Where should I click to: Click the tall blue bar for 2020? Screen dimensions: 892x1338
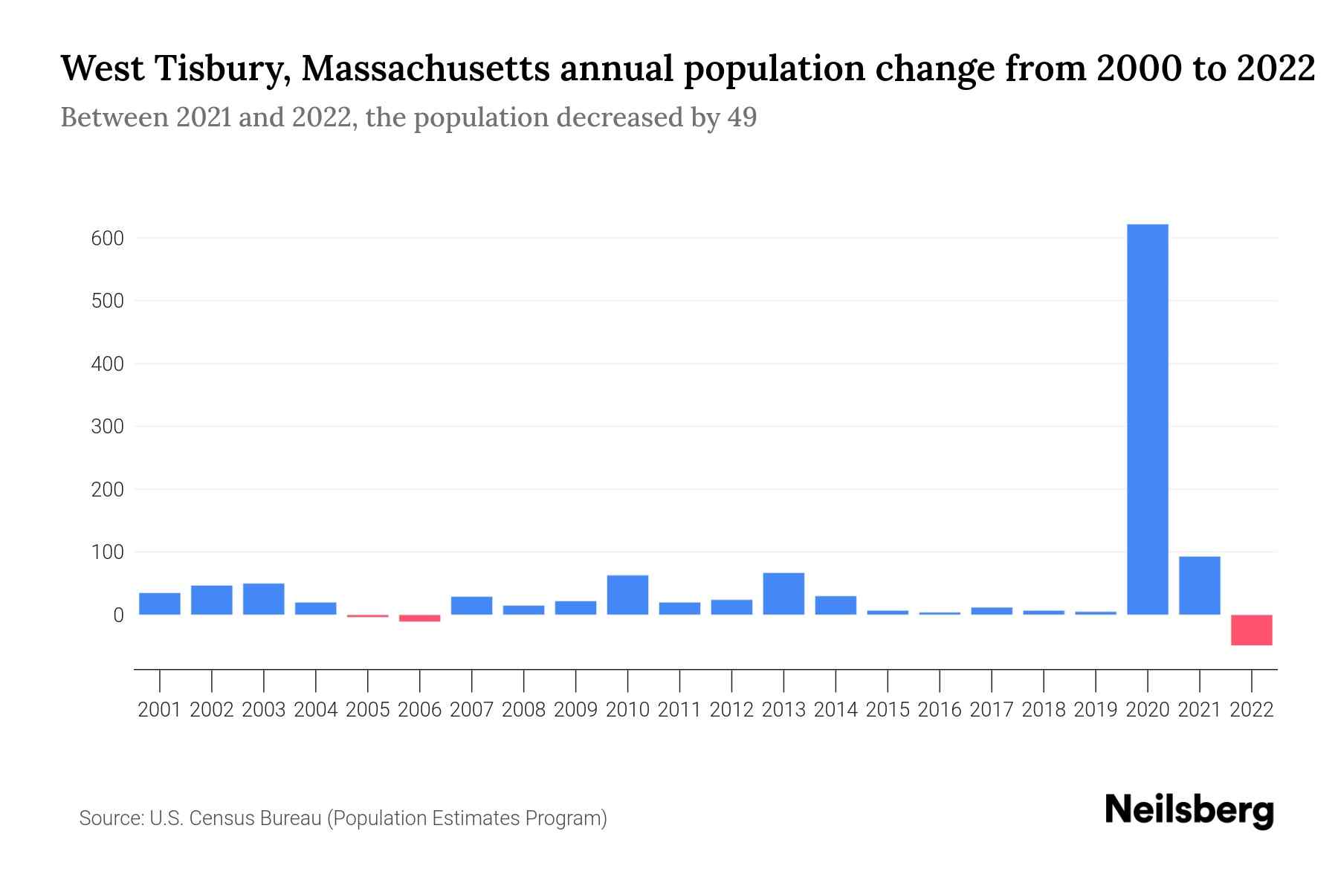(x=1147, y=420)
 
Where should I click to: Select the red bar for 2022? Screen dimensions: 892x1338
(x=1251, y=630)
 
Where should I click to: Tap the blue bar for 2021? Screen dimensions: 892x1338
(x=1199, y=585)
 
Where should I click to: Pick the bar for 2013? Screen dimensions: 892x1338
(x=783, y=593)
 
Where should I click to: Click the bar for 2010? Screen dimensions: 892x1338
(x=627, y=595)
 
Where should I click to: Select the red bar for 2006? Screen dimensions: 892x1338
(x=419, y=618)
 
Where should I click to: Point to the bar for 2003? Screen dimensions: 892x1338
(x=263, y=599)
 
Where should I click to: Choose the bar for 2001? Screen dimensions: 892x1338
(x=159, y=604)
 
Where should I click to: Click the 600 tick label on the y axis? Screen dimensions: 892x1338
(x=108, y=239)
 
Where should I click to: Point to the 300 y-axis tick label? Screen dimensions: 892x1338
(x=108, y=427)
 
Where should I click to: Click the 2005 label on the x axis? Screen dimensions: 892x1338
(x=367, y=710)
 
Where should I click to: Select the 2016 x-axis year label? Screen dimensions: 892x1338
(x=940, y=710)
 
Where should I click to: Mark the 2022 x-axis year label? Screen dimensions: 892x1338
(x=1252, y=710)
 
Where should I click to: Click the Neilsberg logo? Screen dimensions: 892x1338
(x=1189, y=810)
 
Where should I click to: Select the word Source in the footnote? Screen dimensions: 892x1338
(x=110, y=818)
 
